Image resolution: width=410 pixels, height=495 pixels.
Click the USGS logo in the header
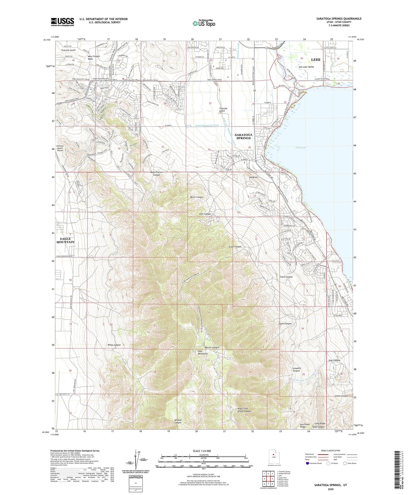pos(62,22)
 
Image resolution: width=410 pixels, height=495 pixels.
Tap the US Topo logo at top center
pos(203,23)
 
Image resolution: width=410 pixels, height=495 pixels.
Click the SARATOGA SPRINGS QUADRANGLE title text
pos(339,19)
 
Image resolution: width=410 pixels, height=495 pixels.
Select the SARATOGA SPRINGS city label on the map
pos(243,136)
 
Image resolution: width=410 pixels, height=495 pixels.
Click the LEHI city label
pos(316,60)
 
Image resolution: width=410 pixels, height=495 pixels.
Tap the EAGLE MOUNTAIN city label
pos(65,240)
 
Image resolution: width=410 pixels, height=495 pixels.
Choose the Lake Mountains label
pos(203,352)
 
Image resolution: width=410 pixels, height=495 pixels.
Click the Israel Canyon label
pos(235,247)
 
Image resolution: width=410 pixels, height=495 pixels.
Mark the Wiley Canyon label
pos(114,345)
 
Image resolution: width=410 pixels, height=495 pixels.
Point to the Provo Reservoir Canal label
pos(203,125)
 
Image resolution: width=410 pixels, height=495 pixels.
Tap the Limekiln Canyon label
pos(296,369)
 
